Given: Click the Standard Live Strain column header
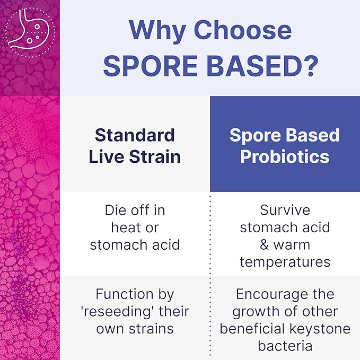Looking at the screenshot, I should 135,146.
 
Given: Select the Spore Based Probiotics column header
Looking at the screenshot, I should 285,146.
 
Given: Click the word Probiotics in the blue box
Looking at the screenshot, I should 285,157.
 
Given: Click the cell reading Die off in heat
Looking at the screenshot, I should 135,227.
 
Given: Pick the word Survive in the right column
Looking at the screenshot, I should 285,210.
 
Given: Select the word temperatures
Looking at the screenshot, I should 285,262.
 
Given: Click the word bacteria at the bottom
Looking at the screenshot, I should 285,346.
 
